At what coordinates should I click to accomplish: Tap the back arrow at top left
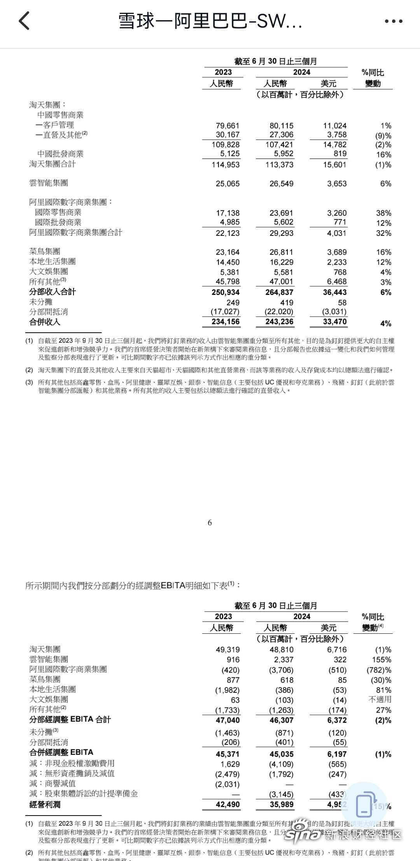coord(24,21)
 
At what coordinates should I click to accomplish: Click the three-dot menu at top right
coord(393,21)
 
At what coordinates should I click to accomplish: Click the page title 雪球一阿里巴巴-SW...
coord(210,21)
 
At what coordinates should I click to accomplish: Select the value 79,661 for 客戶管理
coord(227,125)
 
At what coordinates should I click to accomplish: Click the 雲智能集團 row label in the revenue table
coord(49,183)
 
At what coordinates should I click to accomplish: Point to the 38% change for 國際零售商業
coord(383,213)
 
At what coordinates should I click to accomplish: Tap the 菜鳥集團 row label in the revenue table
coord(45,252)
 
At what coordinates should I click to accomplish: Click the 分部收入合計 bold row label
coord(52,292)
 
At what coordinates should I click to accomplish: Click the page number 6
coord(210,523)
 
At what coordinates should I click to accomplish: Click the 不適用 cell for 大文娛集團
coord(380,700)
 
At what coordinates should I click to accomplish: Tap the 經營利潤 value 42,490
coord(227,804)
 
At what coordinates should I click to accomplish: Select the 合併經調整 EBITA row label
coord(61,752)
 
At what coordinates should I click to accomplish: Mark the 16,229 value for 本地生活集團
coord(282,262)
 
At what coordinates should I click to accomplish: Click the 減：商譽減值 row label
coord(52,784)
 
